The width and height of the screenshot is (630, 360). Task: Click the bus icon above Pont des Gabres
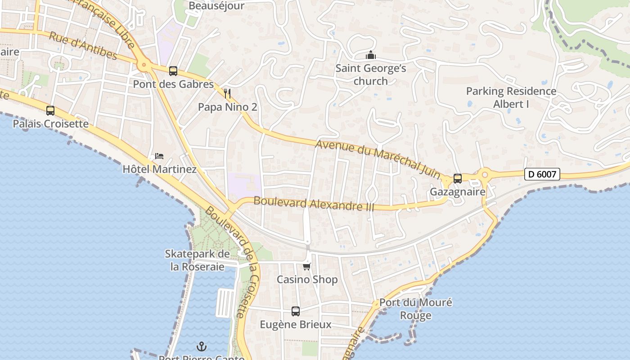[x=173, y=71]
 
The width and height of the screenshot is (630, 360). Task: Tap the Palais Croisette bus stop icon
[x=50, y=111]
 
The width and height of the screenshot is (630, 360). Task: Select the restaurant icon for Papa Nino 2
[x=227, y=94]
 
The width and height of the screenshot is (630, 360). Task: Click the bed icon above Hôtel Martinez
[x=159, y=156]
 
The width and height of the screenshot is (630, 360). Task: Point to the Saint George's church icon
[x=371, y=55]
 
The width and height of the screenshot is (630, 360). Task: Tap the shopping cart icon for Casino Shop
[x=307, y=266]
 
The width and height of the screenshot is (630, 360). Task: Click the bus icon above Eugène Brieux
[x=296, y=311]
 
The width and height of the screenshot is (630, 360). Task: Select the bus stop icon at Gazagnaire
[x=458, y=179]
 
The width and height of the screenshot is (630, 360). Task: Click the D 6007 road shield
[x=542, y=174]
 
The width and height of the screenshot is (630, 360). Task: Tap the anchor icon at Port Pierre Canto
[x=202, y=346]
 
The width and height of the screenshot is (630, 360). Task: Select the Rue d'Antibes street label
[x=83, y=46]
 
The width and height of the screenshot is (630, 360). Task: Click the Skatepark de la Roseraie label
[x=197, y=260]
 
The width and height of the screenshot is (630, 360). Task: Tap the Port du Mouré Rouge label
[x=415, y=309]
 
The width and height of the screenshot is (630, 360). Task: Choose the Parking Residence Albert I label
[x=511, y=98]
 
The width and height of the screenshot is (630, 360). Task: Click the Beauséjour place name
[x=216, y=6]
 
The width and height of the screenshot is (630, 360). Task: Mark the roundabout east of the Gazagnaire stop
[x=485, y=175]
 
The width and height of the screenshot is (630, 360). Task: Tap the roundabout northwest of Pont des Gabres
[x=144, y=66]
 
